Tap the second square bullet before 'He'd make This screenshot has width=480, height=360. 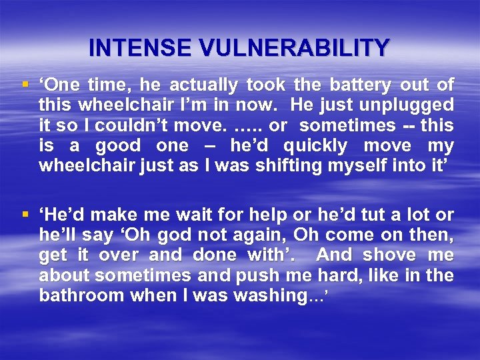pyautogui.click(x=26, y=215)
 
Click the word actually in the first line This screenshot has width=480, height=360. pyautogui.click(x=204, y=85)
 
